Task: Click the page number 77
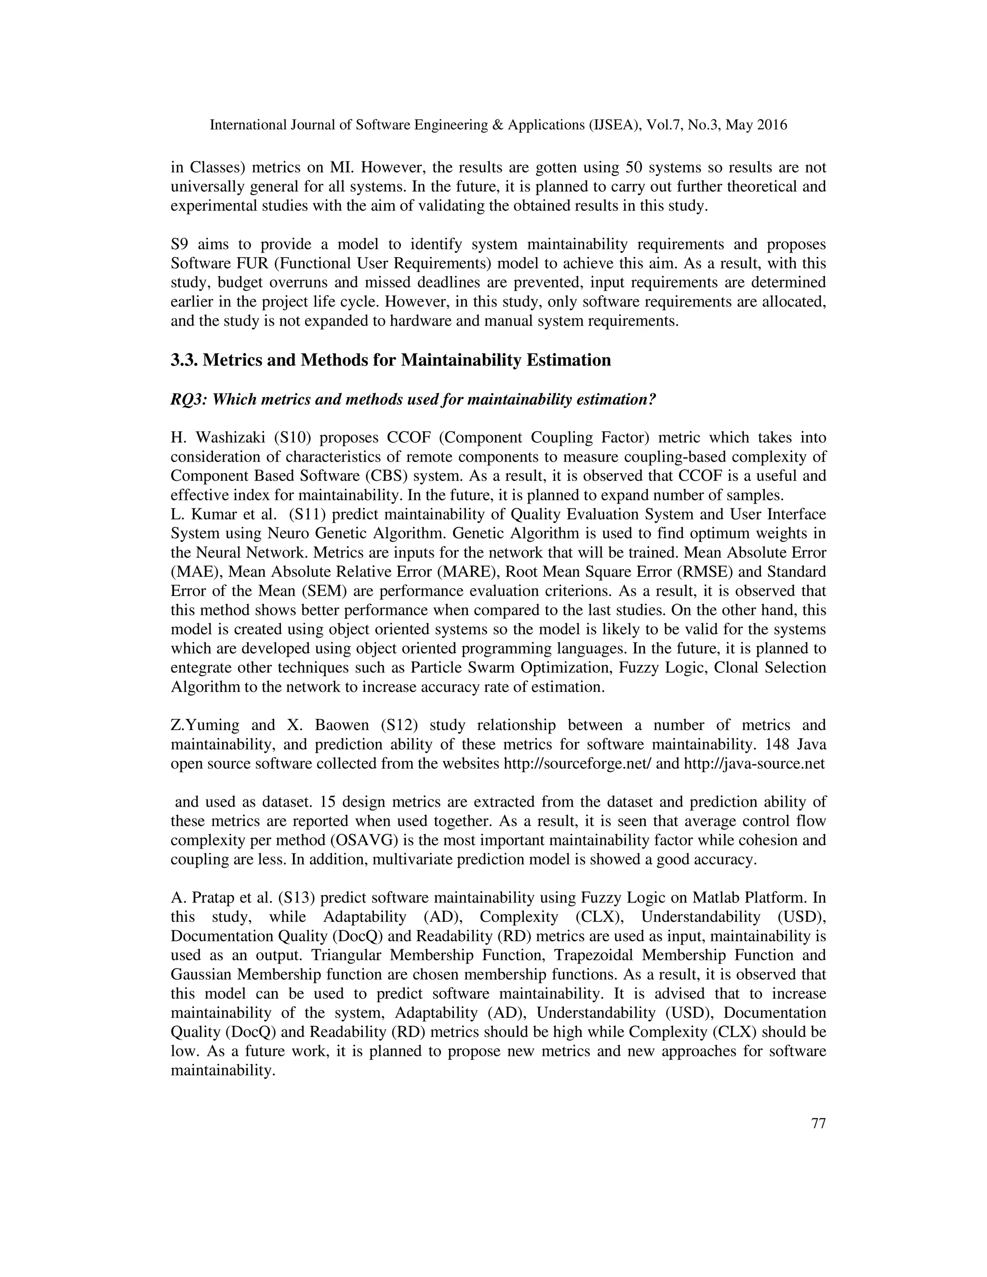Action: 819,1124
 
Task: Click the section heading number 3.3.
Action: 184,360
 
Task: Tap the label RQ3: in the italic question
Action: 188,400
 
